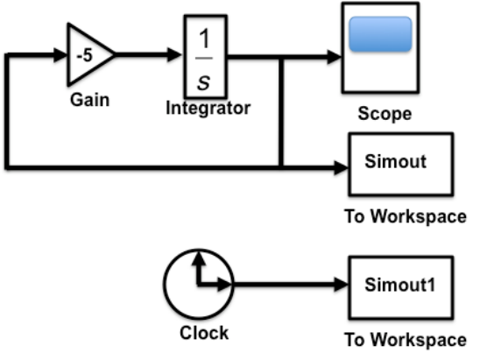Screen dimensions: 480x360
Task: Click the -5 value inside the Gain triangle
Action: pos(84,56)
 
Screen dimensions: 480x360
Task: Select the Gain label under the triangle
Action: pos(89,100)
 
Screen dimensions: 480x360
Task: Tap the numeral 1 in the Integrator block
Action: pos(204,39)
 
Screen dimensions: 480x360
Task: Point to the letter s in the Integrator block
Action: pos(204,82)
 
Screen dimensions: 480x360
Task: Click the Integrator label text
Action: pos(208,109)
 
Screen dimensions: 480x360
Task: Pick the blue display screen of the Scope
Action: pos(380,34)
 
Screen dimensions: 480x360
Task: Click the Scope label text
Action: pos(385,114)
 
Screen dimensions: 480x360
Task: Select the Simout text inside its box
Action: pos(396,161)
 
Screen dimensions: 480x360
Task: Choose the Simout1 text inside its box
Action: pos(399,285)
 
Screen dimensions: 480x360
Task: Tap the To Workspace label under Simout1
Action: pos(406,340)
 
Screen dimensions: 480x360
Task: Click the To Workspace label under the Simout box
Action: pos(406,216)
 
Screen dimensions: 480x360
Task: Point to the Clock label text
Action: pos(204,333)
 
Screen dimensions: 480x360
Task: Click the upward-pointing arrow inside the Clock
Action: pos(199,266)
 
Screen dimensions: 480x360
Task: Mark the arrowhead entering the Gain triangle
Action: pos(60,55)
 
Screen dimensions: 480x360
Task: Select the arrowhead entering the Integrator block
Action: pos(174,55)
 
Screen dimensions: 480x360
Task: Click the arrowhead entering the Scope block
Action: pos(335,57)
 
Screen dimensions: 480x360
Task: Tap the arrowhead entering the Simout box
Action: pos(342,168)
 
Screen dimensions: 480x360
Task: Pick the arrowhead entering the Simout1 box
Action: pos(342,285)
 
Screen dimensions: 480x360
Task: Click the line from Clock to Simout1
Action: pos(291,285)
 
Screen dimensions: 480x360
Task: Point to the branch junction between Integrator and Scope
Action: pos(281,57)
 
